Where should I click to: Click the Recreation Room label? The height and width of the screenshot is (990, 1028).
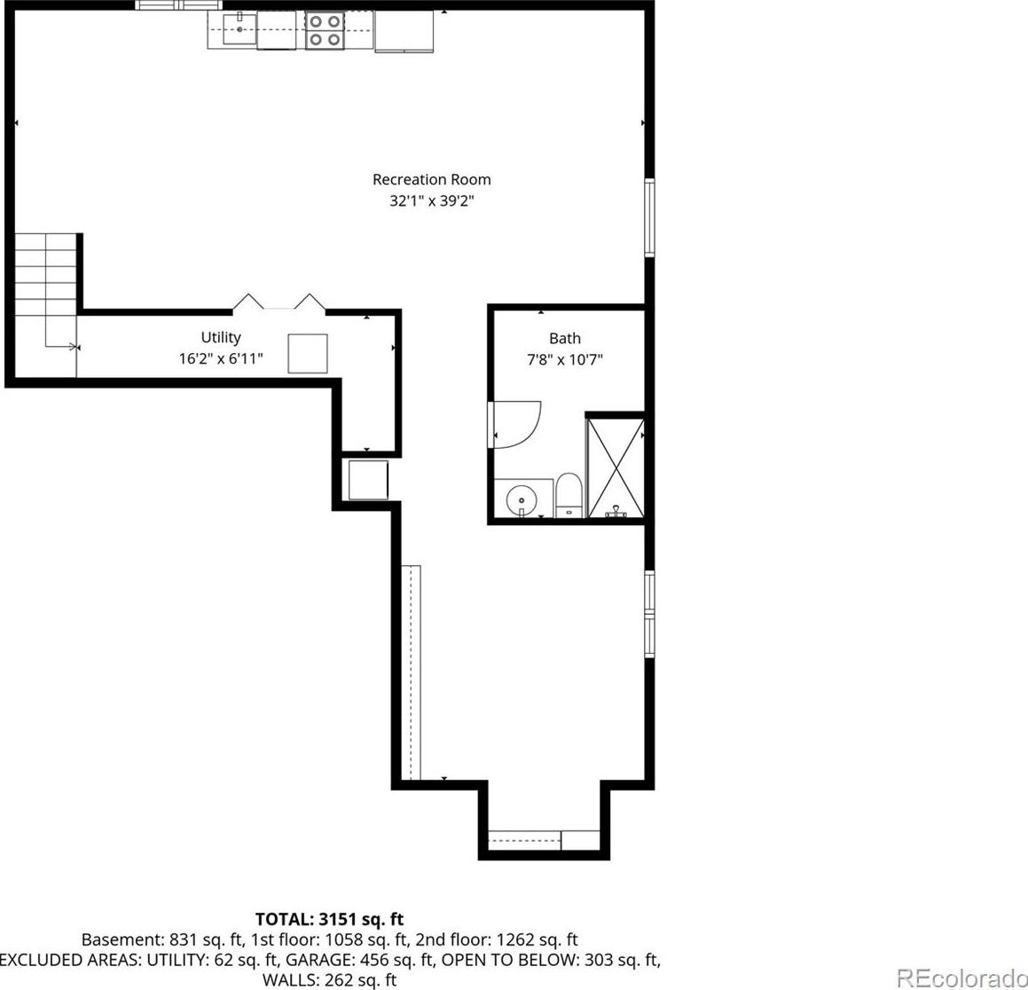(x=431, y=179)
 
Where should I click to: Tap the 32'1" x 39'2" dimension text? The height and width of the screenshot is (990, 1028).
(x=431, y=200)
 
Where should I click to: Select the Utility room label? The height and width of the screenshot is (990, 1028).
(x=221, y=337)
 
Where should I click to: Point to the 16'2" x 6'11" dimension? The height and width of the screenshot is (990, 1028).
(x=221, y=358)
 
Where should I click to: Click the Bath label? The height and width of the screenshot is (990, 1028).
(x=564, y=338)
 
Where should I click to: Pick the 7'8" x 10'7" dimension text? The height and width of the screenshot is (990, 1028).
(x=564, y=360)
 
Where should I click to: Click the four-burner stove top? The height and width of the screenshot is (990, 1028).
(x=325, y=30)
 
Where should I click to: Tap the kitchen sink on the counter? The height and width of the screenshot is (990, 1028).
(x=240, y=29)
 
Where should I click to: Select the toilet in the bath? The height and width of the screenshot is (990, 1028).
(x=569, y=496)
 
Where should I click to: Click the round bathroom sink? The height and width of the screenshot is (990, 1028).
(x=522, y=500)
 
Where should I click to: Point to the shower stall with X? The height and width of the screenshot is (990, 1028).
(x=615, y=468)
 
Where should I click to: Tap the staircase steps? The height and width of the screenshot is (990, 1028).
(x=45, y=289)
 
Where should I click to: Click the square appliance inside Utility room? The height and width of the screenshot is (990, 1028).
(x=308, y=353)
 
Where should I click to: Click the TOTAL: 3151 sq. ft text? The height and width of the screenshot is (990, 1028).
(x=329, y=918)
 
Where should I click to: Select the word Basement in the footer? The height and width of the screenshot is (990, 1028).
(x=116, y=939)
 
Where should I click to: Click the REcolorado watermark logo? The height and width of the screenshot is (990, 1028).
(x=961, y=978)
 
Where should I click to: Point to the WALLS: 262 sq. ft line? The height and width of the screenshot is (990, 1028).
(x=329, y=980)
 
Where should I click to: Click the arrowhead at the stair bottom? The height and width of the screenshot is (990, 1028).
(x=75, y=346)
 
